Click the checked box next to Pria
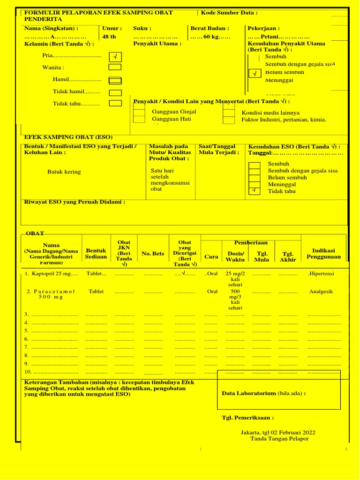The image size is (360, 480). pos(115,57)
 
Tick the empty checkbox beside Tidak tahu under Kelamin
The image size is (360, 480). pos(115,104)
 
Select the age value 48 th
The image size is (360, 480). pos(109,37)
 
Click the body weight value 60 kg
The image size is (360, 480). pos(211,37)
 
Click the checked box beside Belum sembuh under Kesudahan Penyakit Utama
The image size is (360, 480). pos(255,74)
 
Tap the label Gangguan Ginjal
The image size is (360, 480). pos(174,112)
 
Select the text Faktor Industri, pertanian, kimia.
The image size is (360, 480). pos(284,120)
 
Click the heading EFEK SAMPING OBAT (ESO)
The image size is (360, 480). pos(68,137)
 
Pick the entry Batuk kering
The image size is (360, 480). pos(64,172)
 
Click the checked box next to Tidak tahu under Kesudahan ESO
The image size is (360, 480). pos(254,190)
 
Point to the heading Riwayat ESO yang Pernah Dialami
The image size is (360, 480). pos(75,202)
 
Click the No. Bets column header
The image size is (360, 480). pos(153,254)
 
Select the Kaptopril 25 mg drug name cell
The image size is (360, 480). pos(52,273)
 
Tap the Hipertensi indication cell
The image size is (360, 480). pos(321,273)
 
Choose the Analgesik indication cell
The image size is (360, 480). pos(321,292)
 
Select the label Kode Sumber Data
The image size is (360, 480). pos(229,13)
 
